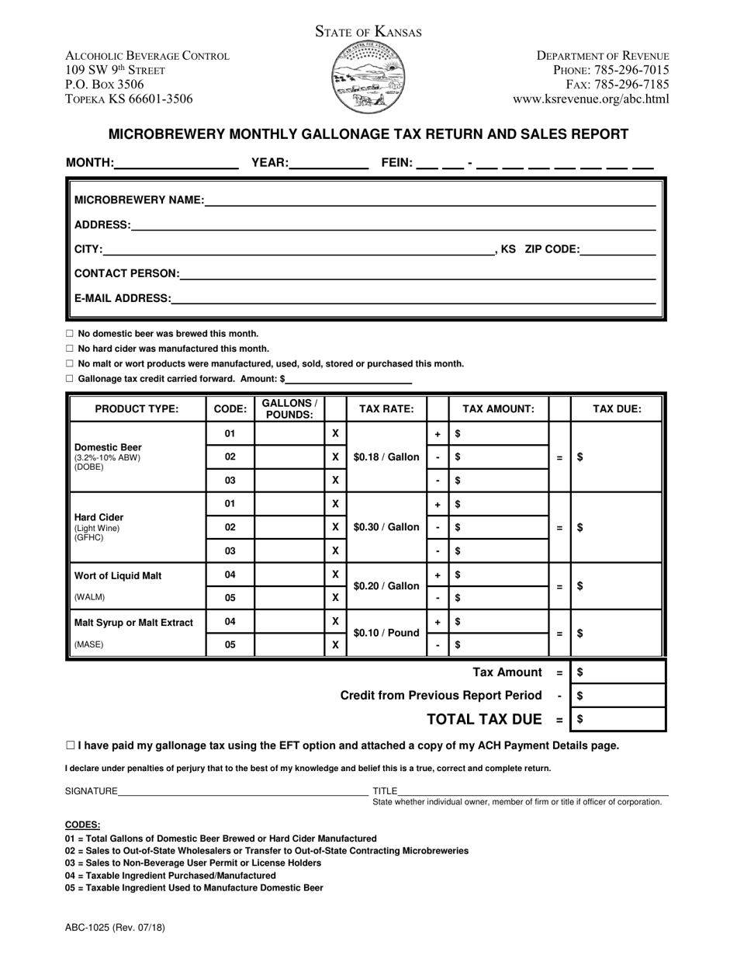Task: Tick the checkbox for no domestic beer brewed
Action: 69,334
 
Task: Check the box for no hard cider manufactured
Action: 69,349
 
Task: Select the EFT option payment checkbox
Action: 71,745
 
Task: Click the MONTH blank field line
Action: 176,164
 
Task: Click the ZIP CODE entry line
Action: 618,251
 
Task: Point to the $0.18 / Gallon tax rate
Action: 386,457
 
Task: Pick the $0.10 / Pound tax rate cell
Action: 386,633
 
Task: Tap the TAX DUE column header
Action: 617,409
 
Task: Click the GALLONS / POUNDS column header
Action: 289,408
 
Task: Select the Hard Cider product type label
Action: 99,517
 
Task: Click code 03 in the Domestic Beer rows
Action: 230,481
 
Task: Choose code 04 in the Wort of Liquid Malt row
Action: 230,575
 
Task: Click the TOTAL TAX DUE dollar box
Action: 618,720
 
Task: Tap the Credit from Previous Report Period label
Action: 441,696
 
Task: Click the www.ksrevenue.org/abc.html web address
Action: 590,99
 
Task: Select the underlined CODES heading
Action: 82,825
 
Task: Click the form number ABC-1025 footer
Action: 115,927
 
